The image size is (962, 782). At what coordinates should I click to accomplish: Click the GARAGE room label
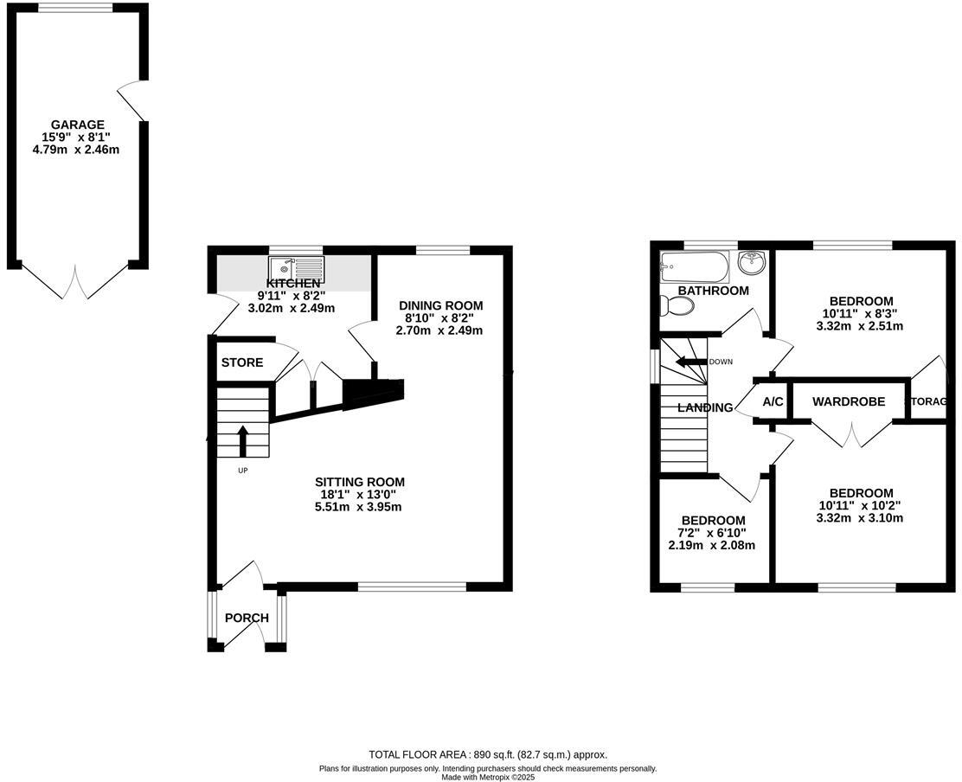[77, 125]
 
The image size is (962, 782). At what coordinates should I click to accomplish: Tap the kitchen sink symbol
[296, 266]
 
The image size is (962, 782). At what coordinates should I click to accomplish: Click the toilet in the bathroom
[677, 306]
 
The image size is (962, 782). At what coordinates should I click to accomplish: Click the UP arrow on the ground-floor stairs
[242, 439]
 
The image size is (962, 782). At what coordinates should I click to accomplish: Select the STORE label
[241, 362]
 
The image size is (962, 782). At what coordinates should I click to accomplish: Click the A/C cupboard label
[773, 402]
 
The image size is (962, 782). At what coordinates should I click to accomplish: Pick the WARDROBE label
[848, 402]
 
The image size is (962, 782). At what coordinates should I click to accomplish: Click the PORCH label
[247, 618]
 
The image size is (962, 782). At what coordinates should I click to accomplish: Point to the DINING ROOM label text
[440, 305]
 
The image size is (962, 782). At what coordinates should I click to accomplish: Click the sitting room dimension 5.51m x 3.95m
[359, 507]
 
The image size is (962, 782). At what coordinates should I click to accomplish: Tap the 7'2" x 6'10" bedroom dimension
[712, 533]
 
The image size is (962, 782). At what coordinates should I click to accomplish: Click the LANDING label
[705, 407]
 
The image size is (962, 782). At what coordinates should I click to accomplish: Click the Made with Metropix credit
[488, 777]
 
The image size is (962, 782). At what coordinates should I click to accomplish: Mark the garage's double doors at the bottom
[79, 281]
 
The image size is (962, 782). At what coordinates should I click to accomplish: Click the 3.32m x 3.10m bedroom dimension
[859, 518]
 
